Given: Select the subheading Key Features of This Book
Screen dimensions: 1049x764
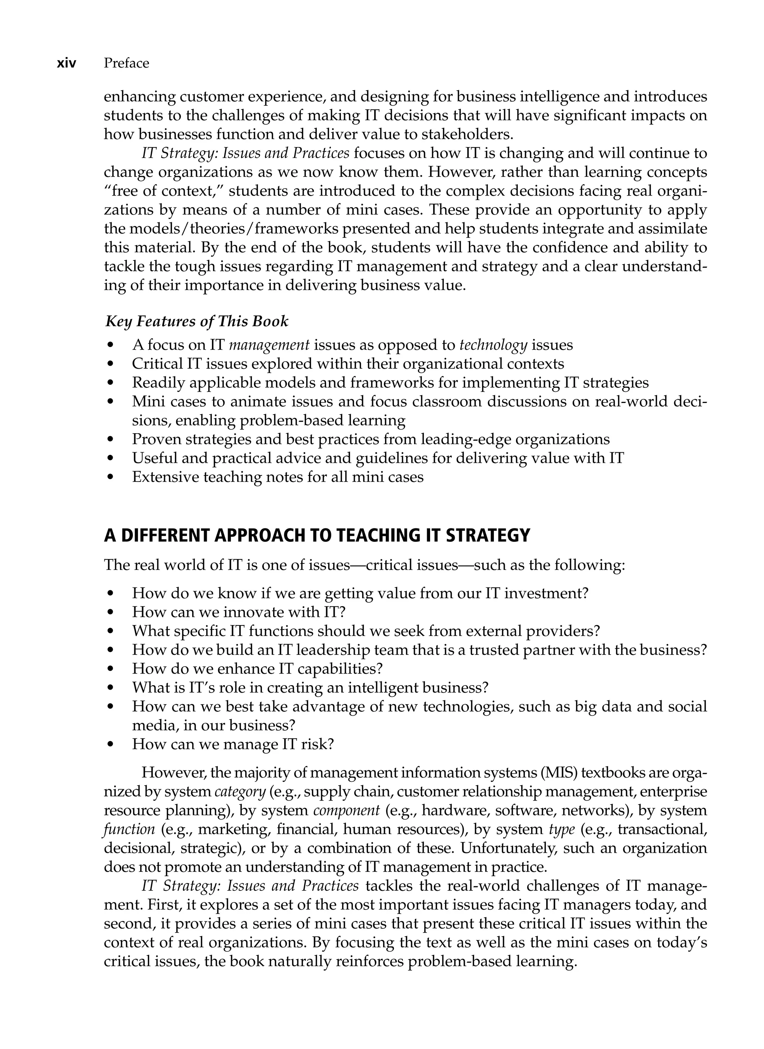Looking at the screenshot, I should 197,321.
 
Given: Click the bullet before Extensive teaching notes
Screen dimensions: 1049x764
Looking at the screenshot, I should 110,477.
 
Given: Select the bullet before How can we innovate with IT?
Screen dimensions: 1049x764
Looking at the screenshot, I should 110,612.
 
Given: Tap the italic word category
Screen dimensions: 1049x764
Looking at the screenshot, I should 240,792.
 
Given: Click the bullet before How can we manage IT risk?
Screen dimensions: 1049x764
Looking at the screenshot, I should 110,744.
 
